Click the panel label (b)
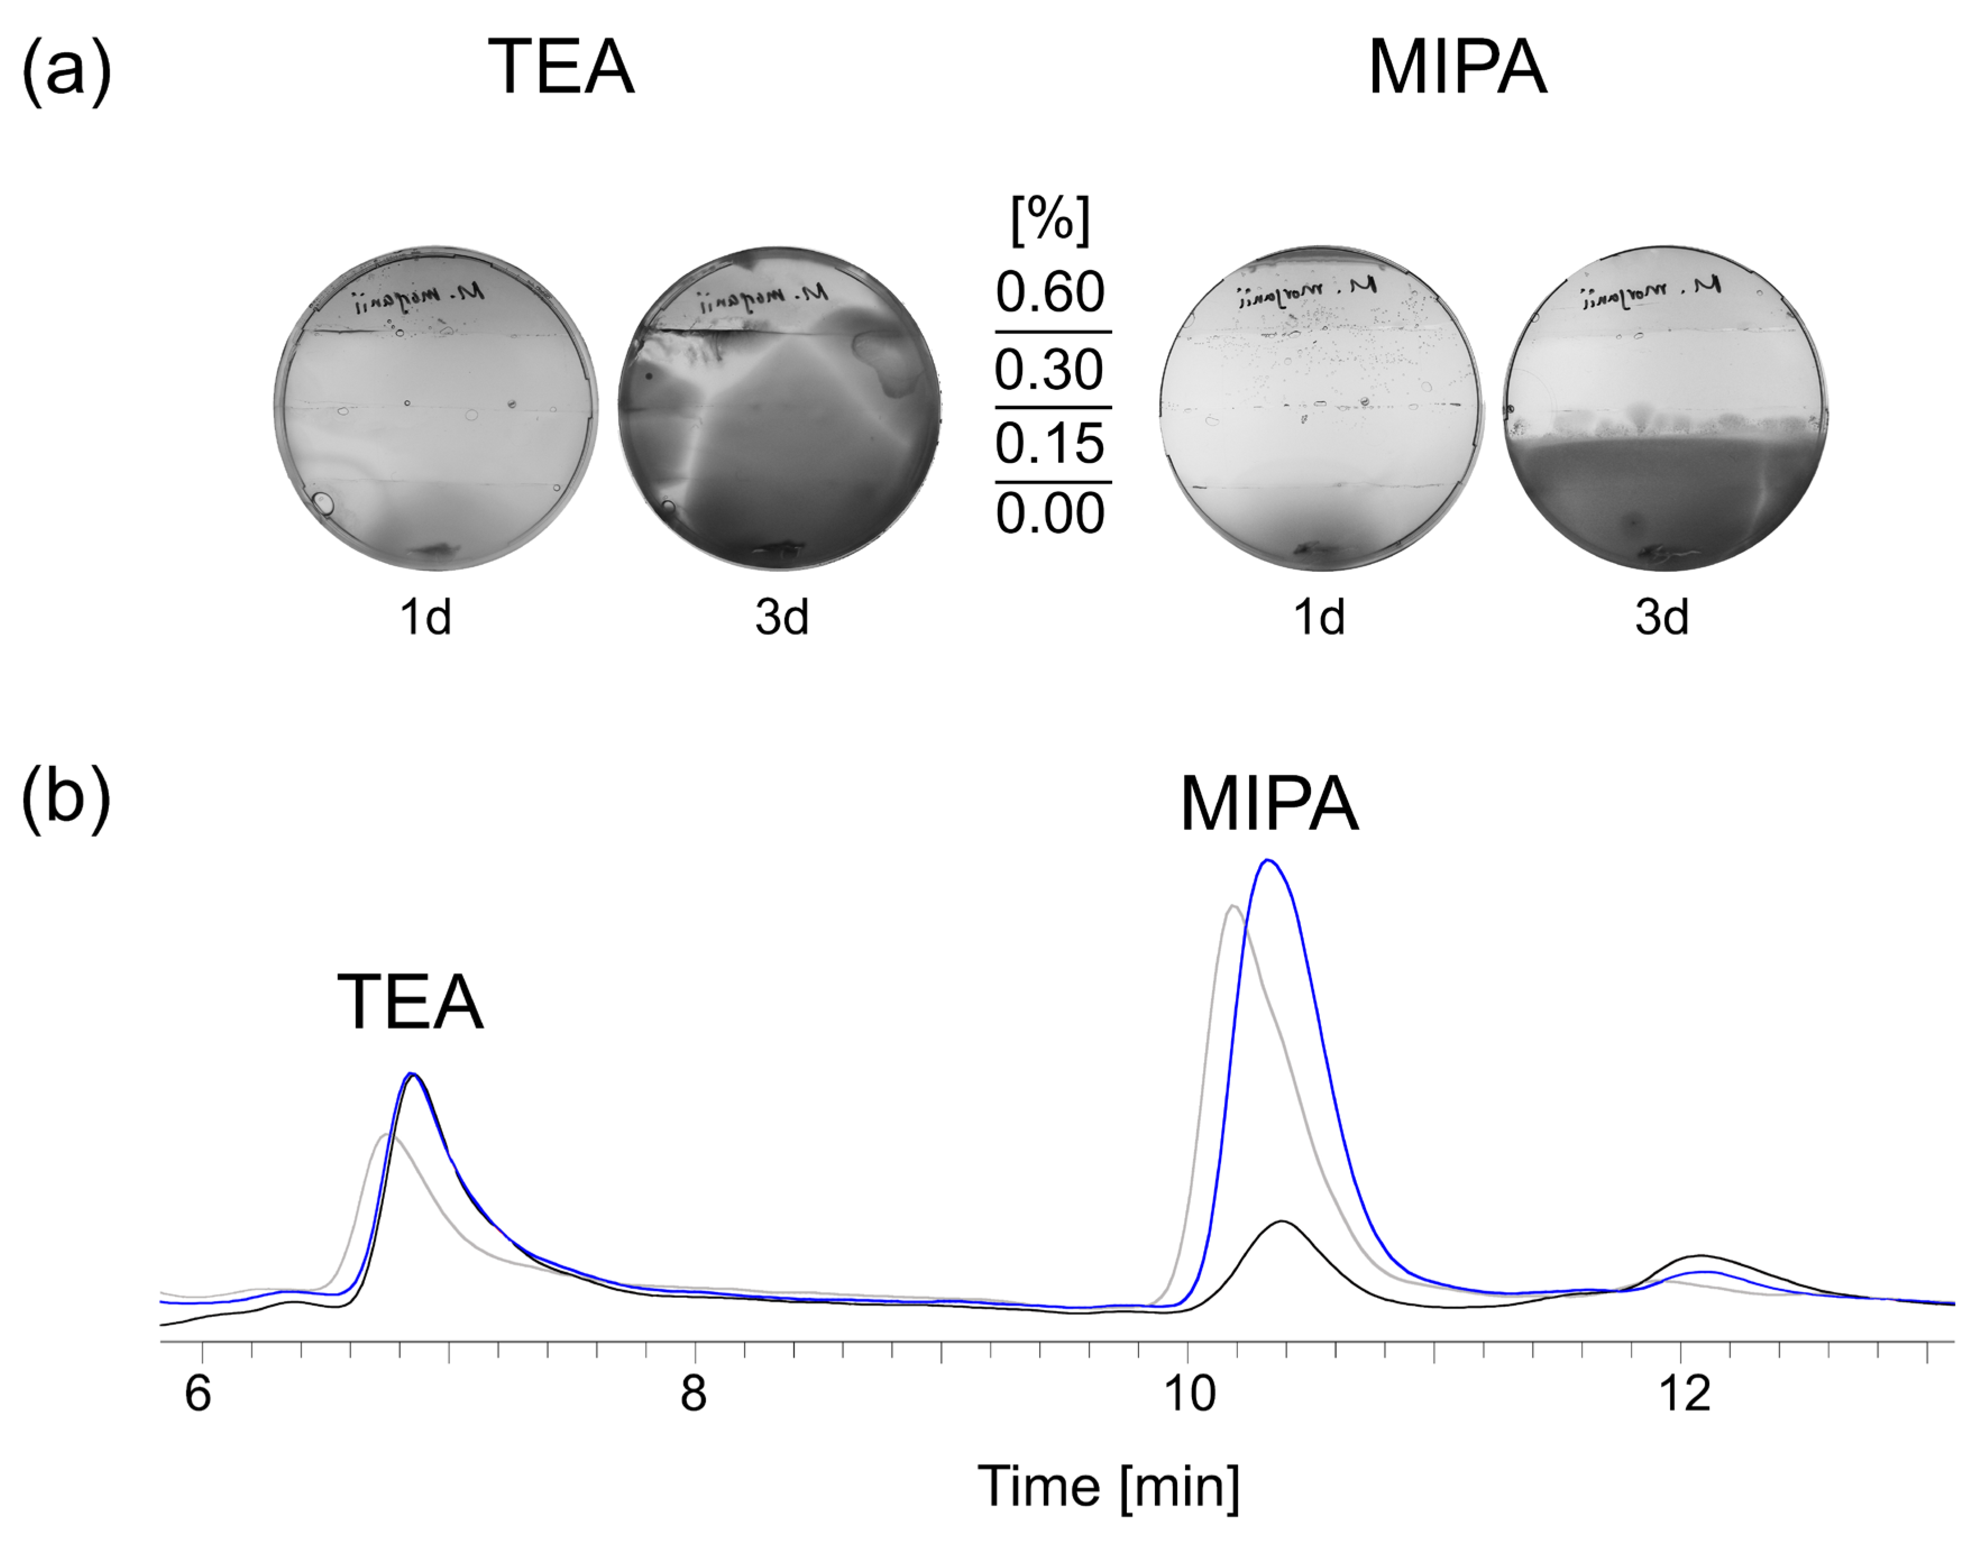coord(66,799)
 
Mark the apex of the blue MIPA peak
coord(1268,860)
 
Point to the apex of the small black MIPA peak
coord(1282,1222)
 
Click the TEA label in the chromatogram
coord(410,1003)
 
